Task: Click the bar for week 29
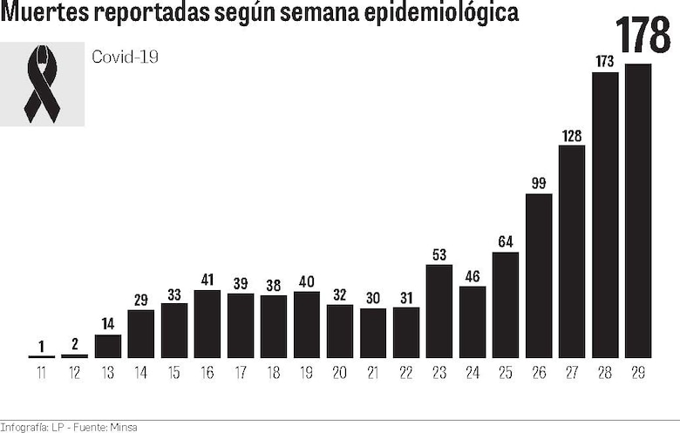638,211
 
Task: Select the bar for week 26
539,275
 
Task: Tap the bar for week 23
439,311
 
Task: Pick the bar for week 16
207,323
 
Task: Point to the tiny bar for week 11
41,356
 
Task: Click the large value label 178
643,35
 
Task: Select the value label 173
605,62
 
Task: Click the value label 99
539,183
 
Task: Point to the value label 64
506,241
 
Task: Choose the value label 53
439,254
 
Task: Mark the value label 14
107,324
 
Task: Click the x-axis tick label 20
340,373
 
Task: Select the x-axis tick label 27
572,373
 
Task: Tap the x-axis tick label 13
107,373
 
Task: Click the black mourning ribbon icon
42,84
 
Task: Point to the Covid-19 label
126,58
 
